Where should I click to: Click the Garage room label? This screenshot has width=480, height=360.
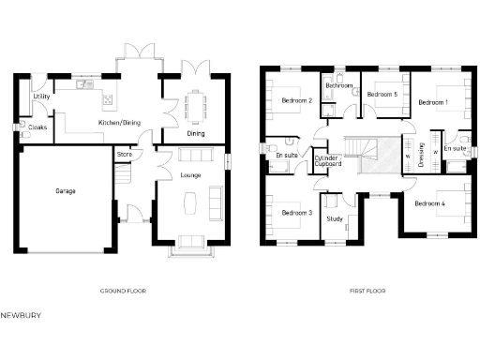click(x=66, y=191)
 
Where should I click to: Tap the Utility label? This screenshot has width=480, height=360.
click(x=41, y=97)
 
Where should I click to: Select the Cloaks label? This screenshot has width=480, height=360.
click(x=38, y=127)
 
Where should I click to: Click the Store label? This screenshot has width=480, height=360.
click(x=123, y=154)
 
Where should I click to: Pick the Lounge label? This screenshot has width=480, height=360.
click(x=190, y=174)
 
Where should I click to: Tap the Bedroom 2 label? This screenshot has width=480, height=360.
click(x=296, y=101)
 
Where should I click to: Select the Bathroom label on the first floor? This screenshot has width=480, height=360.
click(x=338, y=86)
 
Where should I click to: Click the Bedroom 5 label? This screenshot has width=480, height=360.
click(x=382, y=95)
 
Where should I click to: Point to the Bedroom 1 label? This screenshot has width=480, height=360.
click(x=433, y=101)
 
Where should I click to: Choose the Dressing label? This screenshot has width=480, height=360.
click(x=422, y=151)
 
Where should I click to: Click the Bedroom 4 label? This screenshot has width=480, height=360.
click(x=429, y=203)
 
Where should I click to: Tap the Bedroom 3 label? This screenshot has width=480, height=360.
click(x=296, y=214)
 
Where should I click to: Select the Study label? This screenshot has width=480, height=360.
click(x=334, y=219)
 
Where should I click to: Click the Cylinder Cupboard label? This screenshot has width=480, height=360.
click(x=327, y=161)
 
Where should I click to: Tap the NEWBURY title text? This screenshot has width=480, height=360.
click(x=19, y=316)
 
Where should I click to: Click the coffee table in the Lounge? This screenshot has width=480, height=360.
click(x=191, y=201)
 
